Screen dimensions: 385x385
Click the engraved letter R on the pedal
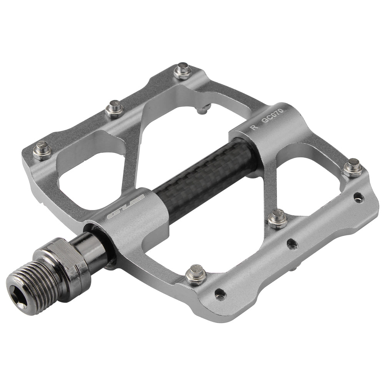coord(253,128)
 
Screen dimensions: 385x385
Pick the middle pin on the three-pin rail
coord(115,109)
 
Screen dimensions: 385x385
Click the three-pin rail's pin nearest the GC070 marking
coord(183,72)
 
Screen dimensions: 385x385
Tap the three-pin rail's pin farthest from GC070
coord(42,150)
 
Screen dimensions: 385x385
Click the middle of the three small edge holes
coord(292,243)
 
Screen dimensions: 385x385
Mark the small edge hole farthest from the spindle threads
coord(358,198)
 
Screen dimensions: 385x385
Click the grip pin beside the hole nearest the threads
coord(195,275)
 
